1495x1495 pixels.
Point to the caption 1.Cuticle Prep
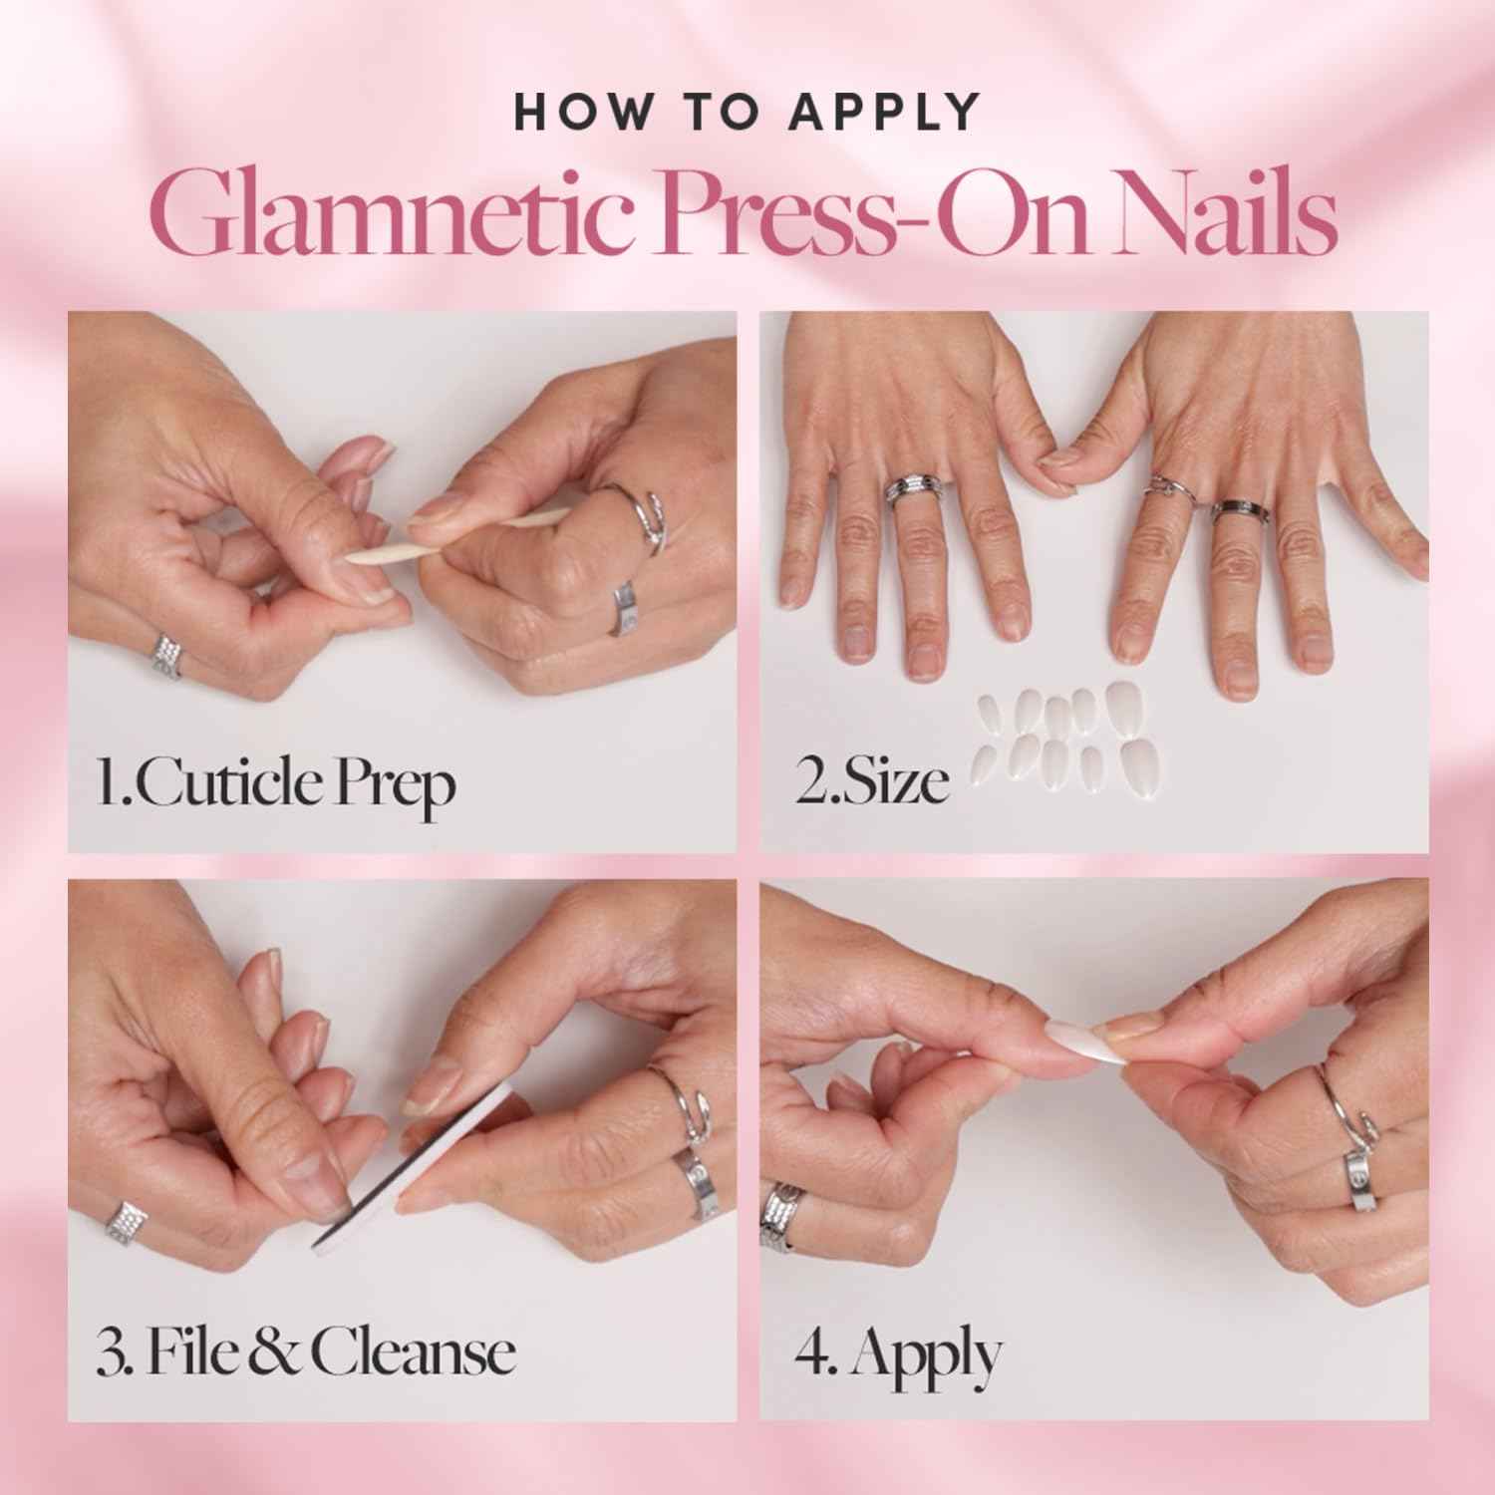275,785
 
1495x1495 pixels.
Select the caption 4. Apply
898,1353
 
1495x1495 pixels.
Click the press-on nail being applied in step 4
1081,1043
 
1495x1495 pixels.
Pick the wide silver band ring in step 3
698,1178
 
